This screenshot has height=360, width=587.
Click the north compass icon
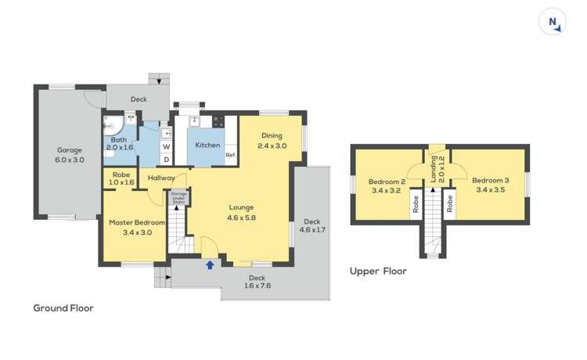tap(553, 22)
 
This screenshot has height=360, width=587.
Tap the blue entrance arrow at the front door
tap(209, 265)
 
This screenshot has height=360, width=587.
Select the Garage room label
tap(70, 154)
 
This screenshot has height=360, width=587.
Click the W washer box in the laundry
tap(166, 146)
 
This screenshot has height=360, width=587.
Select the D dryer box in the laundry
tap(166, 159)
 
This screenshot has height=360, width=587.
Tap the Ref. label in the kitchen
tap(231, 155)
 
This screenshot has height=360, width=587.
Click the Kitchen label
tap(207, 145)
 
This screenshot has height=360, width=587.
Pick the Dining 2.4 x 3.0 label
tap(272, 140)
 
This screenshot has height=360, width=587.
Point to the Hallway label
tap(161, 178)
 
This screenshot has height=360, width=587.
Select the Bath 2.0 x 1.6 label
tap(120, 142)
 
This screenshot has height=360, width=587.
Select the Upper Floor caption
tap(377, 272)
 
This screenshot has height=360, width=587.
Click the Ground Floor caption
tap(63, 308)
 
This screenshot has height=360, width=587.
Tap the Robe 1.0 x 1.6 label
tap(121, 178)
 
